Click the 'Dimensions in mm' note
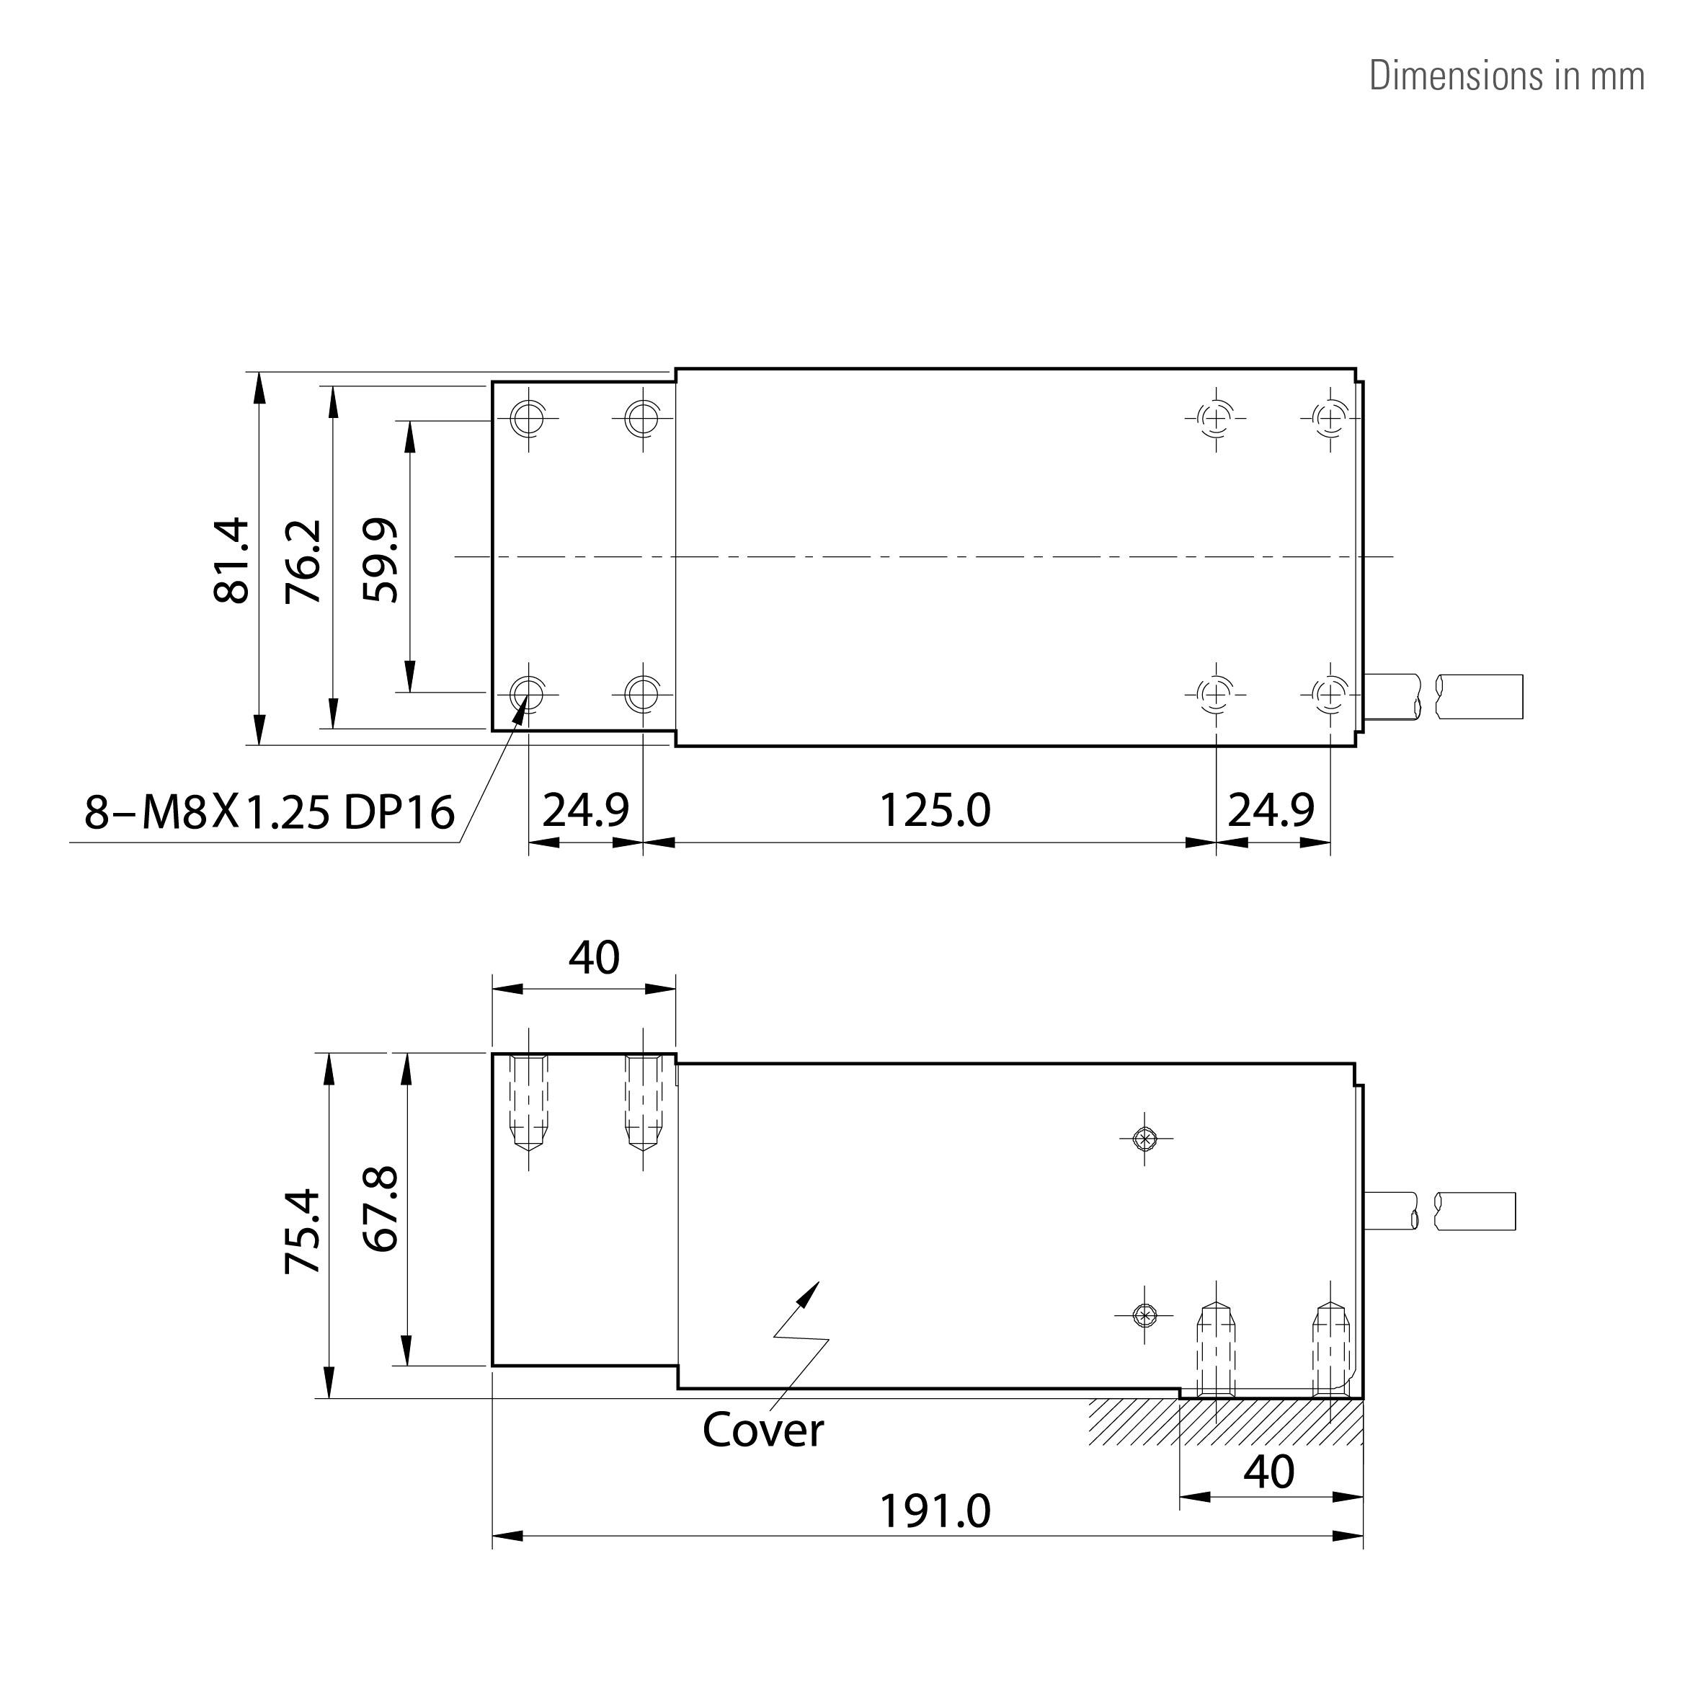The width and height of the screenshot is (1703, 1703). [x=1506, y=76]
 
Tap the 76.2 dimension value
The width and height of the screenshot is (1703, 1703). [x=304, y=561]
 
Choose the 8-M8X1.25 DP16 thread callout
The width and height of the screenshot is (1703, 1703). [x=269, y=812]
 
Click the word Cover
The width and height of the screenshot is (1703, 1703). [x=762, y=1431]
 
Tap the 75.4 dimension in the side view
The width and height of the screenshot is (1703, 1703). [x=303, y=1232]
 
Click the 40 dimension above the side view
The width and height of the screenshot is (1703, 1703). [x=593, y=958]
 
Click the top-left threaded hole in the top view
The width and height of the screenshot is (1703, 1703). [x=528, y=418]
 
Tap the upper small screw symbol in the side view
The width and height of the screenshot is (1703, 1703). [x=1144, y=1139]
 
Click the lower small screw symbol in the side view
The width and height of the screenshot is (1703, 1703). [x=1144, y=1316]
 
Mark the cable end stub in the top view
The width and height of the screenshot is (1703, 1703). [x=1479, y=696]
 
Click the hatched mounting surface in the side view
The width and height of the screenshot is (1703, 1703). [x=1225, y=1421]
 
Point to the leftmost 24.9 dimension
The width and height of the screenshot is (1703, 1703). [x=585, y=810]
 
